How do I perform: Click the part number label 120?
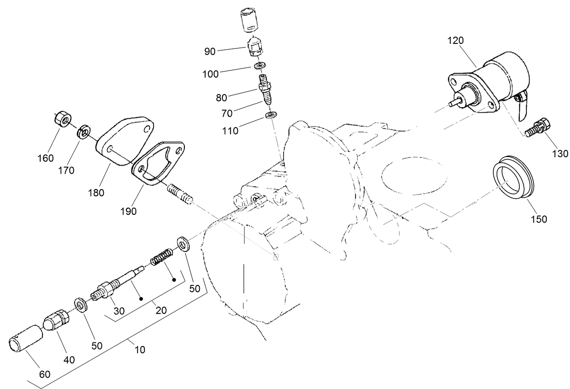click(456, 40)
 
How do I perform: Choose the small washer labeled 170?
click(83, 133)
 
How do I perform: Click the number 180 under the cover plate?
click(96, 192)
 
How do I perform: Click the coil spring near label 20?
click(160, 258)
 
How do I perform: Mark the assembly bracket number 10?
click(140, 349)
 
